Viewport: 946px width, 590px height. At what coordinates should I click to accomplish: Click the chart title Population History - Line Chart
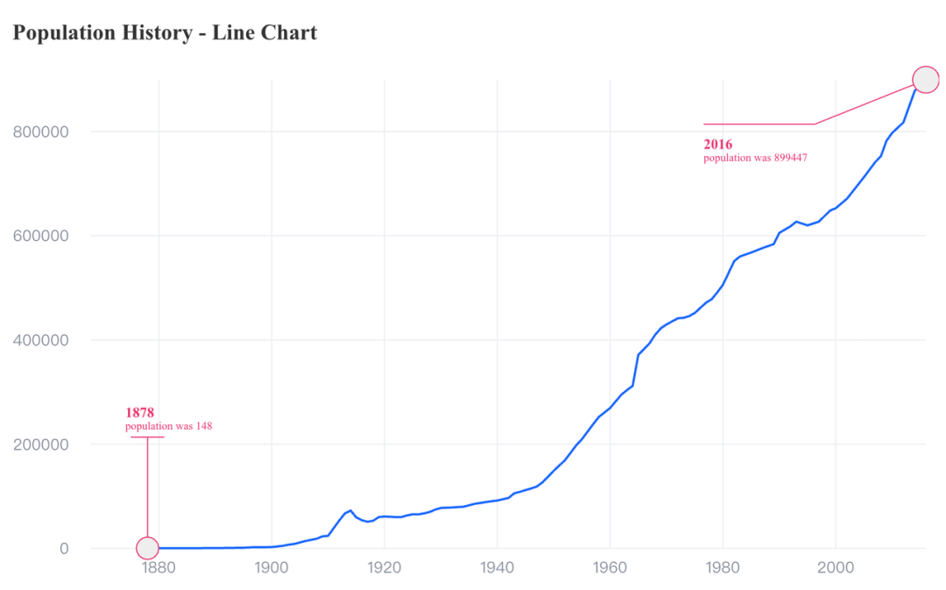click(165, 33)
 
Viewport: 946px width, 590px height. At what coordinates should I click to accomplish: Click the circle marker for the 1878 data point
click(147, 548)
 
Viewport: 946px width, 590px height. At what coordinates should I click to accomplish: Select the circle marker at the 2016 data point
click(926, 80)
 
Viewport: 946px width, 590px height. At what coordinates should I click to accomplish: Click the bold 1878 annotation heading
click(139, 412)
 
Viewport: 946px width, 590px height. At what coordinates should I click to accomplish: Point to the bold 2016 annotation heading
click(718, 144)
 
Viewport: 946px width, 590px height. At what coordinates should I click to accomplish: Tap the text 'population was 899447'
click(755, 159)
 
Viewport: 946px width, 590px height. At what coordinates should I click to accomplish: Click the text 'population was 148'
click(168, 427)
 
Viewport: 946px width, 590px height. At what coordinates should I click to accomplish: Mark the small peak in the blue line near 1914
click(350, 510)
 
